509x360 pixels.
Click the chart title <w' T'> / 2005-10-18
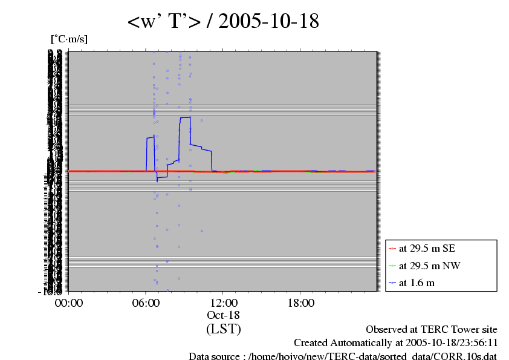[x=223, y=22]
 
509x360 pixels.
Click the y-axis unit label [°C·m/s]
[x=69, y=39]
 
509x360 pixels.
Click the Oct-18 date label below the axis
[x=223, y=315]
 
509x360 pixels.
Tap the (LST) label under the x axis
[x=223, y=329]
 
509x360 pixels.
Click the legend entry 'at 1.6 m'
[x=417, y=283]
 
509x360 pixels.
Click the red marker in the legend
[x=392, y=248]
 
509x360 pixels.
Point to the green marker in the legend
[x=392, y=266]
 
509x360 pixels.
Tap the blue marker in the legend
[x=392, y=283]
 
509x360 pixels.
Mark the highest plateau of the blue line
[x=185, y=117]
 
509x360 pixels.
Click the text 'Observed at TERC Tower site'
[x=432, y=330]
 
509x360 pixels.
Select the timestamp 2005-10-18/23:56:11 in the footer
[x=447, y=343]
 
